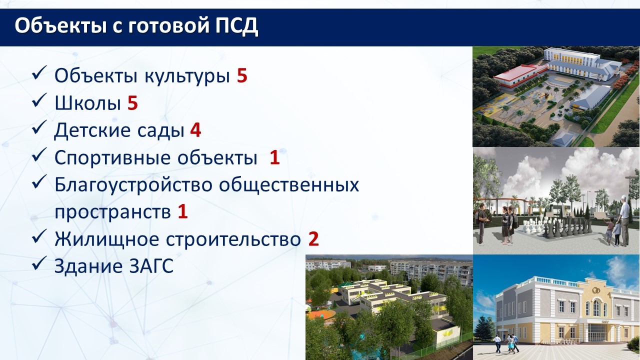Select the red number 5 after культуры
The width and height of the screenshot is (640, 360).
click(241, 75)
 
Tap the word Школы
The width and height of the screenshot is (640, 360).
click(87, 103)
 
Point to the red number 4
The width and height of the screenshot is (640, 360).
click(195, 130)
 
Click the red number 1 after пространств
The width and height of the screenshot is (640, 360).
click(182, 211)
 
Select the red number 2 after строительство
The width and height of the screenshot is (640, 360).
click(313, 239)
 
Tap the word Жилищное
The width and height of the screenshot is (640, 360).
click(106, 239)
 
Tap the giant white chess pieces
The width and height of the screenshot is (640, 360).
click(534, 227)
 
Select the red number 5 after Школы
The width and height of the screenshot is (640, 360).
click(132, 103)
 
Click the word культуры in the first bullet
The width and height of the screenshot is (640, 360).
click(187, 76)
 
